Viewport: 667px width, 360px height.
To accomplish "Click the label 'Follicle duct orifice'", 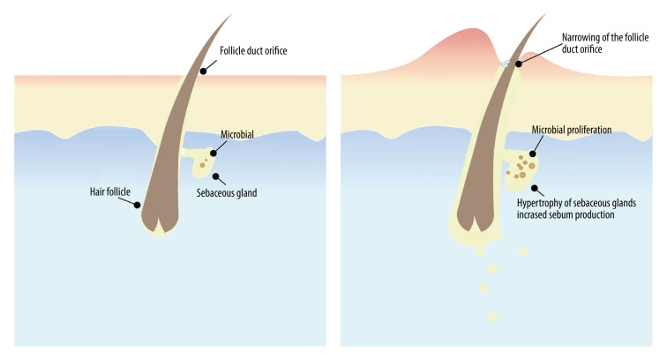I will click(256, 51).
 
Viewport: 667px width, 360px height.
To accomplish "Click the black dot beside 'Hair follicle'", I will click(138, 206).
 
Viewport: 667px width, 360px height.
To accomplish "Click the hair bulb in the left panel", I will click(169, 221).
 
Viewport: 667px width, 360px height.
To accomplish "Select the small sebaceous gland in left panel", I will click(204, 164).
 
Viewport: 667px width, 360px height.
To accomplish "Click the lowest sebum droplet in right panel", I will click(492, 316).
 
